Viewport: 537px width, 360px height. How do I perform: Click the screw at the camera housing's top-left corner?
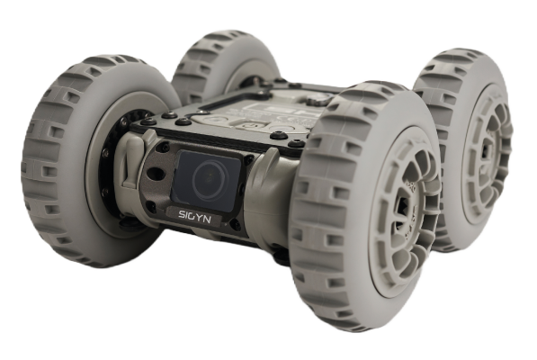tap(166, 147)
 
